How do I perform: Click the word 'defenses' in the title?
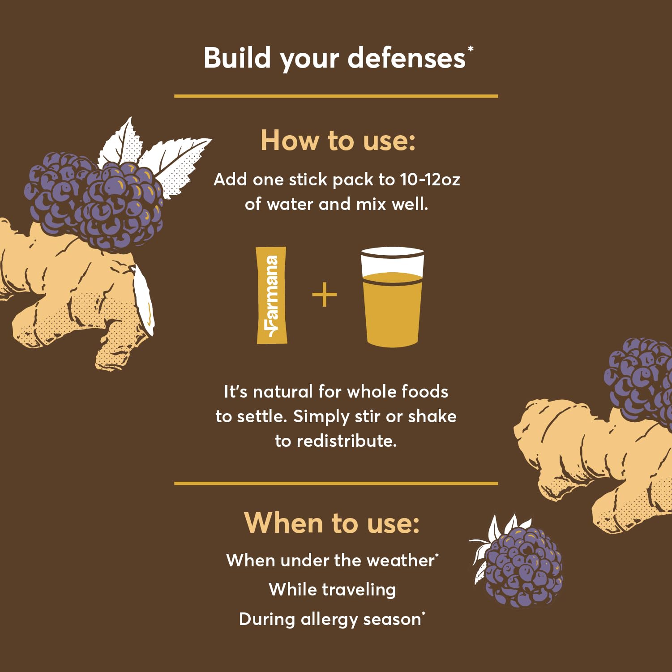407,58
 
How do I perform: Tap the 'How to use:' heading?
338,140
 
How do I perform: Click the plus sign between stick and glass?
324,295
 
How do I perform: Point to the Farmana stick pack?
271,295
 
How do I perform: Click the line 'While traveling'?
332,590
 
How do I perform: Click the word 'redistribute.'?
347,441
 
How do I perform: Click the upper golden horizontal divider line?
336,96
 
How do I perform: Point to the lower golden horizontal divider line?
336,484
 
